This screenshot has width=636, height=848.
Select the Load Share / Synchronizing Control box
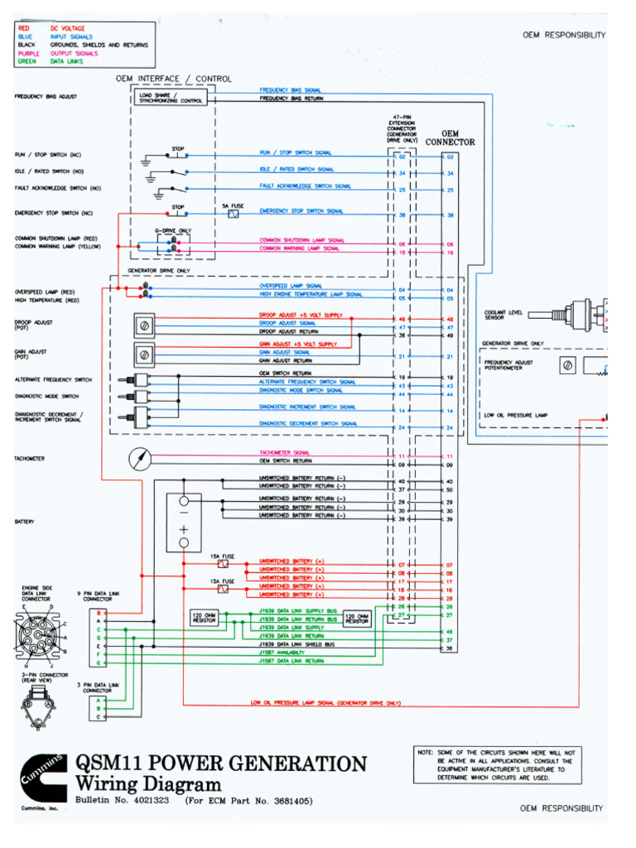[x=171, y=98]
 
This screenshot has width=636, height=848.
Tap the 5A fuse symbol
[x=233, y=214]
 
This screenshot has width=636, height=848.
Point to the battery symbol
[x=183, y=522]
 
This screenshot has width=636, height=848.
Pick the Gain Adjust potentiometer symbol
[x=144, y=354]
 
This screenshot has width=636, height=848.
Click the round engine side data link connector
[x=39, y=636]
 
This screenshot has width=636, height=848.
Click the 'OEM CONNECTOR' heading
[x=450, y=137]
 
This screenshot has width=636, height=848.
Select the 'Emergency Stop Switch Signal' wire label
[x=301, y=211]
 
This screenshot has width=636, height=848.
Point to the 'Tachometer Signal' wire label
[x=284, y=452]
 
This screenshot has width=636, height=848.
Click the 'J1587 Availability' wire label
[x=281, y=653]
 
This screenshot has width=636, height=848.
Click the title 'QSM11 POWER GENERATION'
[x=220, y=764]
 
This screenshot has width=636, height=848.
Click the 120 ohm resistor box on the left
[x=204, y=618]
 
